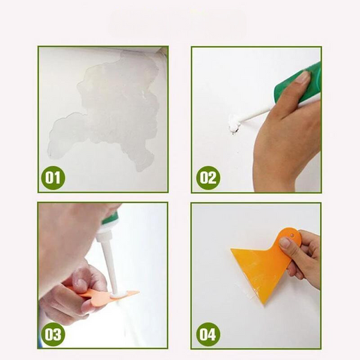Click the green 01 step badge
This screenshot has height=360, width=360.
[54, 178]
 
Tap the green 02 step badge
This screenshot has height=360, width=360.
[208, 178]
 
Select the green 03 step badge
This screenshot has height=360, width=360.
[54, 334]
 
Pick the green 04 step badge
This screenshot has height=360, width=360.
[208, 334]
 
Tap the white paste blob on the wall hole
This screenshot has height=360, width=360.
[233, 123]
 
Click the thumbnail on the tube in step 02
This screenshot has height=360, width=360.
[302, 77]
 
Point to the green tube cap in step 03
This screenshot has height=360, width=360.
[109, 218]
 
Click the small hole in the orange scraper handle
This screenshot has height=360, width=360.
[291, 233]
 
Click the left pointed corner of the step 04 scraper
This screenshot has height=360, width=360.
[232, 251]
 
